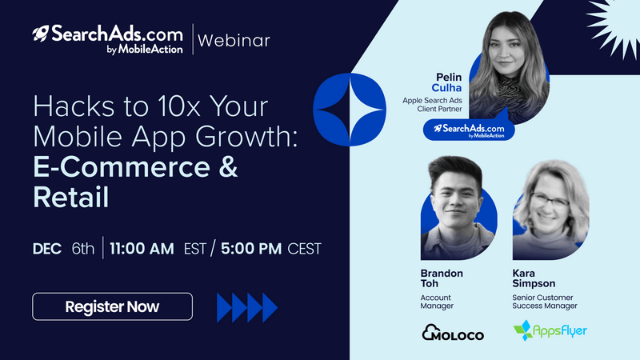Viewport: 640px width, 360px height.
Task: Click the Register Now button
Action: click(112, 306)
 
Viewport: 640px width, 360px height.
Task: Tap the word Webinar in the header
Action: click(234, 41)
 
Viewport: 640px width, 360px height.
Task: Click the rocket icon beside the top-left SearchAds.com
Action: click(41, 34)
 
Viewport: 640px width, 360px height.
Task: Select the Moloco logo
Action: click(453, 332)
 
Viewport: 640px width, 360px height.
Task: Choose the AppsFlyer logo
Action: click(550, 330)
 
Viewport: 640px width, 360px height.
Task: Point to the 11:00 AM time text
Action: click(142, 249)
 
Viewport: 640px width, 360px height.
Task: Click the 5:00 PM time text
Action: click(251, 249)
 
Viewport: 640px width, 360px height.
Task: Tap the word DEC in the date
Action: click(47, 249)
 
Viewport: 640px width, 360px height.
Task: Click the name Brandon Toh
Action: click(442, 278)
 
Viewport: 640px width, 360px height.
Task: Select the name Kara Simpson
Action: click(534, 278)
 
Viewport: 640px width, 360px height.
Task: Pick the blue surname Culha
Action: click(446, 88)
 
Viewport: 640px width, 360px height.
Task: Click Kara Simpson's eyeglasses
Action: click(550, 202)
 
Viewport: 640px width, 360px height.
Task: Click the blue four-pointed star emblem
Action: click(350, 110)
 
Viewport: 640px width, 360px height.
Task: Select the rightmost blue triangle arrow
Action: click(270, 307)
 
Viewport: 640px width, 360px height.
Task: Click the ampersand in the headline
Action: click(227, 167)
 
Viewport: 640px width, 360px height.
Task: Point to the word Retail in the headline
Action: click(71, 197)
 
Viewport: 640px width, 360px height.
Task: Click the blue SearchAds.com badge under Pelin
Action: click(469, 130)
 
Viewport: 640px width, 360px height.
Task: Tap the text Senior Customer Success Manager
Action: click(545, 302)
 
